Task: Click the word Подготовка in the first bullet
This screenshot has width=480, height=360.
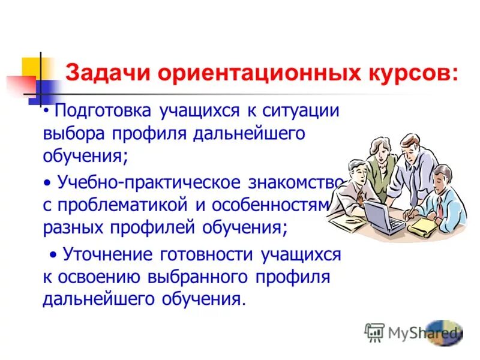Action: [x=106, y=112]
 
